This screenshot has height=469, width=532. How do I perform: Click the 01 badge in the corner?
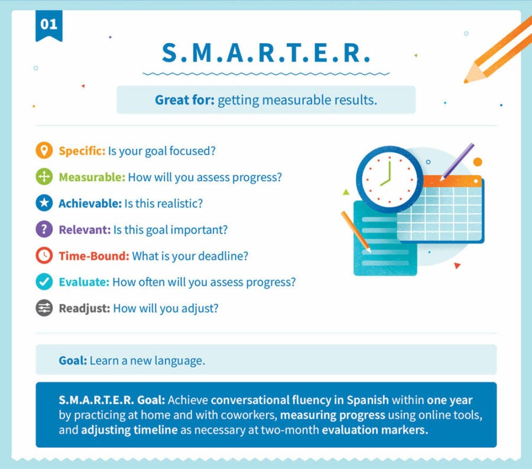(x=48, y=25)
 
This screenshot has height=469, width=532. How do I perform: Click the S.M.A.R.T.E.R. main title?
(x=266, y=53)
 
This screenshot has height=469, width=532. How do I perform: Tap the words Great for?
(x=184, y=100)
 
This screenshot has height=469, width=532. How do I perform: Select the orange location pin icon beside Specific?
(x=44, y=150)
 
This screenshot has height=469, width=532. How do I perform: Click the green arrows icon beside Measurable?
(x=44, y=177)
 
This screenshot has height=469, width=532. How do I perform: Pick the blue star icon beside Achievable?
(x=44, y=203)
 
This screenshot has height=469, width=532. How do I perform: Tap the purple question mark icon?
(x=44, y=230)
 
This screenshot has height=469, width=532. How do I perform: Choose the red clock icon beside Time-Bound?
(x=44, y=256)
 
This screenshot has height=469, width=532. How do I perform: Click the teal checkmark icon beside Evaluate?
(x=44, y=282)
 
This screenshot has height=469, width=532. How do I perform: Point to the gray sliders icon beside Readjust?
(x=44, y=309)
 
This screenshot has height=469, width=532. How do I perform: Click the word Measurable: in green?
(x=92, y=177)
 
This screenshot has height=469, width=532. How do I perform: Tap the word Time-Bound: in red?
(x=93, y=256)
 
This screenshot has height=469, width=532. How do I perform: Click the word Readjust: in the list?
(x=84, y=309)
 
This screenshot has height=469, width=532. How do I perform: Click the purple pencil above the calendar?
(x=458, y=160)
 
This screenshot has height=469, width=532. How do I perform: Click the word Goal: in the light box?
(x=73, y=360)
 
